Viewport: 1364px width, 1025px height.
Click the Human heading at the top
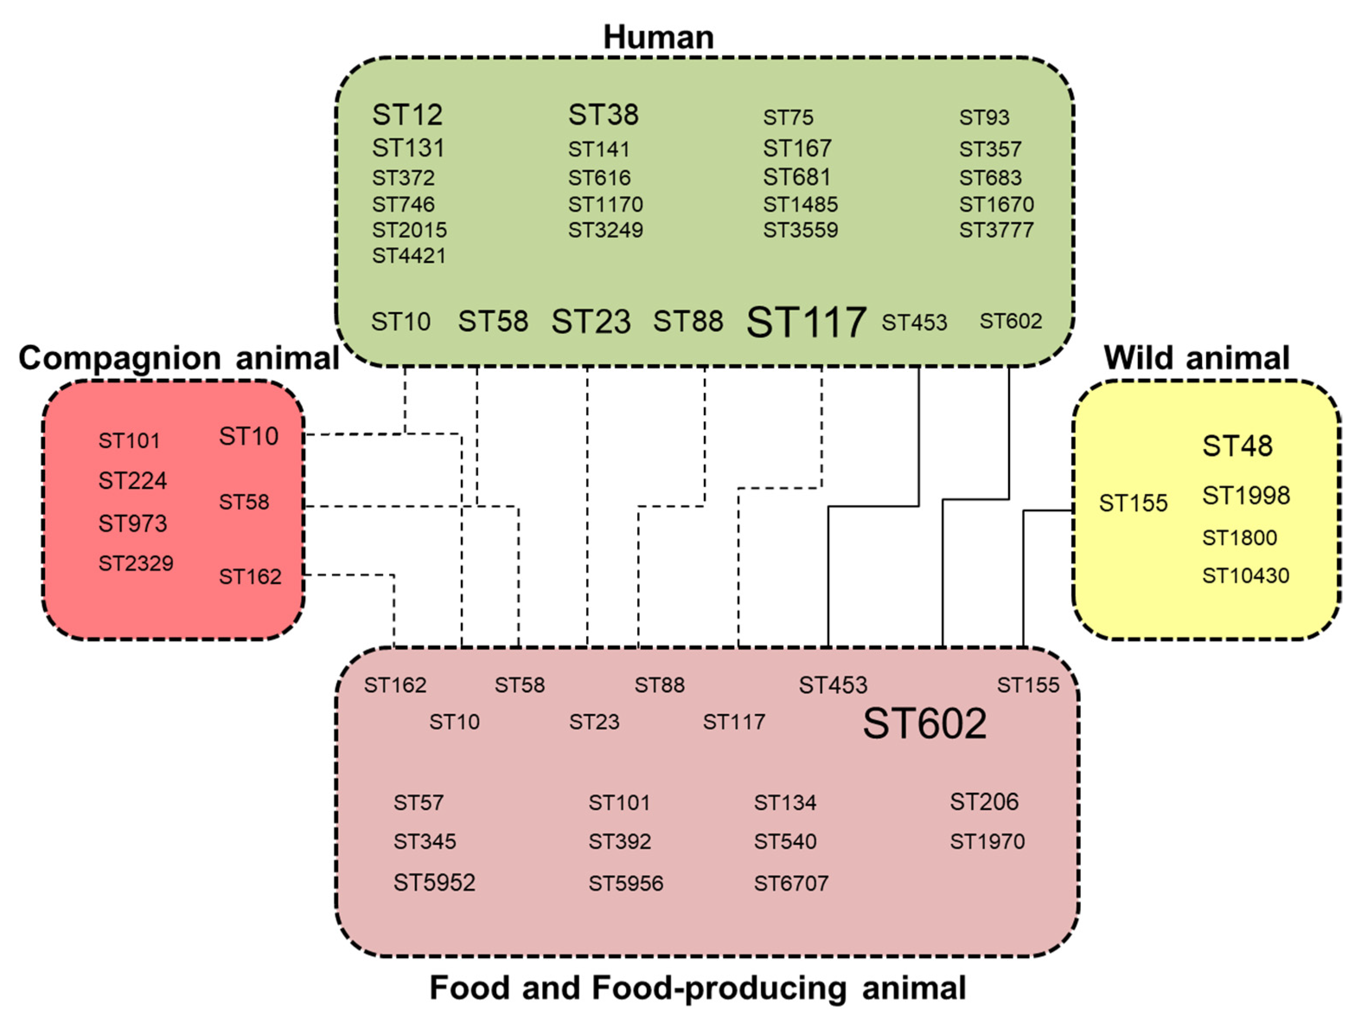coord(658,37)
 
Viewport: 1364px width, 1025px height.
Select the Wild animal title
coord(1196,358)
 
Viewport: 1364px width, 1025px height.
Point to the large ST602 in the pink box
coord(924,724)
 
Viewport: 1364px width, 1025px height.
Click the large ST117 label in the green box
coord(806,322)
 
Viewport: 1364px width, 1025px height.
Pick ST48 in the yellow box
coord(1237,446)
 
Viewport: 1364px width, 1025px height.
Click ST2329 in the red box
coord(136,563)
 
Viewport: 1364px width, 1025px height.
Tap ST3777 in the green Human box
coord(996,230)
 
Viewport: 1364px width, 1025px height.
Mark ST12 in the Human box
coord(407,115)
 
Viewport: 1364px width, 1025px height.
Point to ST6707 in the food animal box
coord(791,884)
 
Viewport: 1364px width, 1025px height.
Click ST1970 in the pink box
coord(987,842)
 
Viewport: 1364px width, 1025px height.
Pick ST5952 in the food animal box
coord(434,883)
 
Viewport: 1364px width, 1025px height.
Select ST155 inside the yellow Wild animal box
coord(1133,503)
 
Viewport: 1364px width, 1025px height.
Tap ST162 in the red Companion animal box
coord(250,577)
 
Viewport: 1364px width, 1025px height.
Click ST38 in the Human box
coord(603,115)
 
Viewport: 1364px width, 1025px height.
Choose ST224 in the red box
coord(133,481)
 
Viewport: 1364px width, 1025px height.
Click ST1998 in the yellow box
coord(1246,496)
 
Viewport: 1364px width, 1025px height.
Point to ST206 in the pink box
coord(984,802)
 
